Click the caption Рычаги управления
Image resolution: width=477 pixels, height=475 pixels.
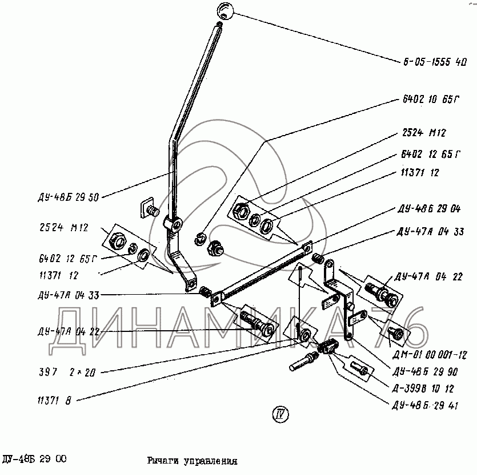[x=191, y=460]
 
